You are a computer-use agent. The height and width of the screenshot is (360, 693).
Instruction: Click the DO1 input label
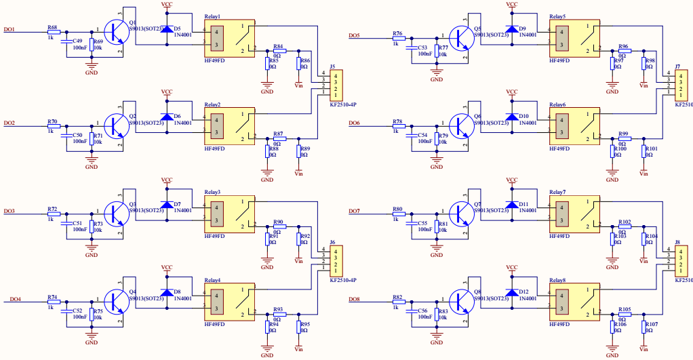[x=9, y=29]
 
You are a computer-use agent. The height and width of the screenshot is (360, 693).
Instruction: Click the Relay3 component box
[x=230, y=214]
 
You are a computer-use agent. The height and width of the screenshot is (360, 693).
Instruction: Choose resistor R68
[x=53, y=32]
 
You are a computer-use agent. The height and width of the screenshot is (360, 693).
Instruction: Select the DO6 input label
[x=354, y=123]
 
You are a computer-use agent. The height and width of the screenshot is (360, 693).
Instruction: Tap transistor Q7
[x=463, y=214]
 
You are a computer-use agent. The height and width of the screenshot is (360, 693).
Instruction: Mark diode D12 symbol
[x=512, y=293]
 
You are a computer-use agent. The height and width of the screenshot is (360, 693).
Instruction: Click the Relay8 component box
[x=574, y=302]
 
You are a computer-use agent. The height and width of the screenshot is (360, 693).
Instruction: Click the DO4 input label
[x=15, y=299]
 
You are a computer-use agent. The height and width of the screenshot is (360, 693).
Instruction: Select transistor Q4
[x=119, y=302]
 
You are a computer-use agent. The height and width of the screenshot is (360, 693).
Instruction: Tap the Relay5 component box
[x=574, y=38]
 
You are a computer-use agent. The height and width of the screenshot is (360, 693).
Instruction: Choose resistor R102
[x=624, y=226]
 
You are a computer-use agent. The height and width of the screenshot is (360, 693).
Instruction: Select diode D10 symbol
[x=512, y=117]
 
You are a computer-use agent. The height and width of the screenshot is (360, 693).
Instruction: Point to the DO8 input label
[x=354, y=299]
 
